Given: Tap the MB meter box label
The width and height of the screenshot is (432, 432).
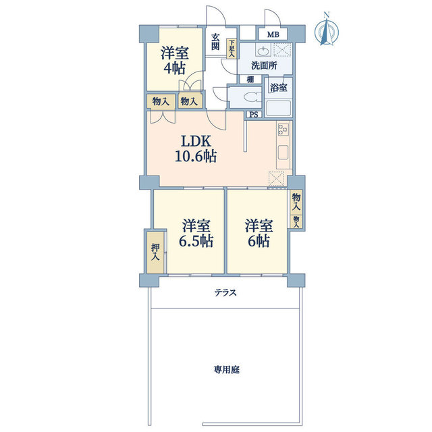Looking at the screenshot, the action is (273, 34).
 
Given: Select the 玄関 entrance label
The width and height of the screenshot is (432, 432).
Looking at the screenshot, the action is (215, 42).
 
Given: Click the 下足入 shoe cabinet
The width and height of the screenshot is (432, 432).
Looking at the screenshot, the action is (232, 49).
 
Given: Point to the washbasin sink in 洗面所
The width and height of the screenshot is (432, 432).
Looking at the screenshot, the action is (264, 51).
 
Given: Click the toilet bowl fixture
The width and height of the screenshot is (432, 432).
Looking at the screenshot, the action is (252, 97).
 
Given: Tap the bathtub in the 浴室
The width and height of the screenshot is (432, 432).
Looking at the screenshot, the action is (278, 109).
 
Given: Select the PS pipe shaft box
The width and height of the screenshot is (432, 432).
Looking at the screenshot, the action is (254, 114).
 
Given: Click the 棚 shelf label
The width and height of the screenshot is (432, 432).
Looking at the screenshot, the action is (250, 80).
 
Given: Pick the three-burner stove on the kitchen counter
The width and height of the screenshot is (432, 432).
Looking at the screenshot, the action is (283, 129).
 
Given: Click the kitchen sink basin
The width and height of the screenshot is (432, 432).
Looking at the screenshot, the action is (283, 153).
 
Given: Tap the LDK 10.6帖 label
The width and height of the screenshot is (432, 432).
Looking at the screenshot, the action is (196, 148).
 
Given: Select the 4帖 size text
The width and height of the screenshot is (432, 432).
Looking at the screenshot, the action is (174, 68).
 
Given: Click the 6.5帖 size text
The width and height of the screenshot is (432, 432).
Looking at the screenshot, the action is (196, 241).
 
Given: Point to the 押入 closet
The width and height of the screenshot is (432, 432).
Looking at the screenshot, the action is (156, 252).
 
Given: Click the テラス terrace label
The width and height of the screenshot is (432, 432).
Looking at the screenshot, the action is (225, 292).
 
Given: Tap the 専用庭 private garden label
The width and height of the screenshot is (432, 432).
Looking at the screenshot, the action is (227, 369).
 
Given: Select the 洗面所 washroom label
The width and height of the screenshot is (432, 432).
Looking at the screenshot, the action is (264, 65).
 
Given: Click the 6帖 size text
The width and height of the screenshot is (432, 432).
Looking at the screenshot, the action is (259, 241).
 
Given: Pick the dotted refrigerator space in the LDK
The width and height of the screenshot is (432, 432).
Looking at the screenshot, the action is (276, 178).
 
